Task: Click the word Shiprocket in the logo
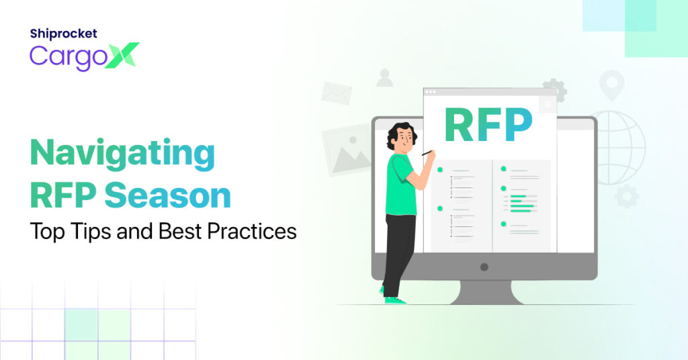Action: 64,34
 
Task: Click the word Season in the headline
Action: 167,195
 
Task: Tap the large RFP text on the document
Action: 488,125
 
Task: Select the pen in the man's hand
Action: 427,152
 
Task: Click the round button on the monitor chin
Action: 484,267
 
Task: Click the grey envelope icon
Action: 337,93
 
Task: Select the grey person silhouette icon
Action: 385,78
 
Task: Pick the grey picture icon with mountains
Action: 347,150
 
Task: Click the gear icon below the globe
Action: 627,196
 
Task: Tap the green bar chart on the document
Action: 523,204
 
